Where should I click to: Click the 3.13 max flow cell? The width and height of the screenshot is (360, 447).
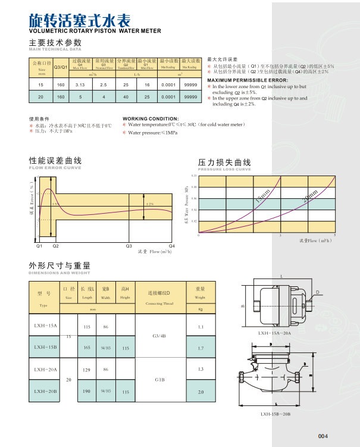click(x=80, y=86)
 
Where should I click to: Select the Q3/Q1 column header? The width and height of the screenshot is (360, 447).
click(x=60, y=67)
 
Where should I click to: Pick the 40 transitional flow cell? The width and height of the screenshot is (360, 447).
click(x=126, y=96)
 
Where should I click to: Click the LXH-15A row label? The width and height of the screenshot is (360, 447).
click(x=45, y=326)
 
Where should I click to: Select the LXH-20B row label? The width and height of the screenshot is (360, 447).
click(x=45, y=391)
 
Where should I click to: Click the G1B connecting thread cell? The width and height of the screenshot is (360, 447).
click(x=159, y=380)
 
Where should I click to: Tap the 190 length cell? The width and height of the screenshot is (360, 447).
click(x=87, y=391)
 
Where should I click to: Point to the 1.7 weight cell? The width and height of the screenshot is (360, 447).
click(x=201, y=347)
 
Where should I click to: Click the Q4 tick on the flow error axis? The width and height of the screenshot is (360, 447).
click(x=173, y=245)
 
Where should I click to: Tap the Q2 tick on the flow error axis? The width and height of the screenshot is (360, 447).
click(x=56, y=245)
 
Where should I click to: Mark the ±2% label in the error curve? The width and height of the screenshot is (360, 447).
click(x=150, y=204)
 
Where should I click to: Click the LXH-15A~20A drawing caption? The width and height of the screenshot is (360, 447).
click(x=274, y=334)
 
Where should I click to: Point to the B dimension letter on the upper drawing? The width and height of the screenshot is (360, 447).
click(x=243, y=306)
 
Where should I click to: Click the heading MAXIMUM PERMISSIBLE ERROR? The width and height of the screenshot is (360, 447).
click(x=248, y=80)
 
